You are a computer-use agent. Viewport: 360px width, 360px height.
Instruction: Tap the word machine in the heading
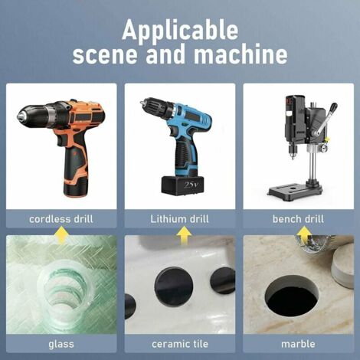tap(241, 54)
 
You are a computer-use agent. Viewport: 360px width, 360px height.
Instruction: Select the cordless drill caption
tap(61, 219)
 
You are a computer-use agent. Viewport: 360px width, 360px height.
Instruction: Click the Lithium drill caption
tap(179, 219)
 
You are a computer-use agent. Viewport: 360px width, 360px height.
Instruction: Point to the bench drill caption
tap(298, 219)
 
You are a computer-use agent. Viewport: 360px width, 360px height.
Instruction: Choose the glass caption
tap(61, 344)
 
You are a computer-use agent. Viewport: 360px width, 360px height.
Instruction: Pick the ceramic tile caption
tap(180, 344)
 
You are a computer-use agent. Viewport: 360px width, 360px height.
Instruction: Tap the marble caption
tap(298, 344)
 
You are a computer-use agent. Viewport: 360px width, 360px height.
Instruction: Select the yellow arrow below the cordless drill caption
tap(61, 235)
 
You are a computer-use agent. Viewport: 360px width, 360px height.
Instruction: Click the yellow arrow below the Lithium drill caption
tap(184, 235)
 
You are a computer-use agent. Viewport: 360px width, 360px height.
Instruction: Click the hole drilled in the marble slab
tap(292, 296)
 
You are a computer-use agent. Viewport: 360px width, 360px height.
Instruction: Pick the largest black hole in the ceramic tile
tap(174, 286)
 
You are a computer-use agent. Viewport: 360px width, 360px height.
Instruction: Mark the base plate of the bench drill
tap(296, 188)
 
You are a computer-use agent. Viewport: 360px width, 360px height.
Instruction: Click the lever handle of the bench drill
tap(325, 119)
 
